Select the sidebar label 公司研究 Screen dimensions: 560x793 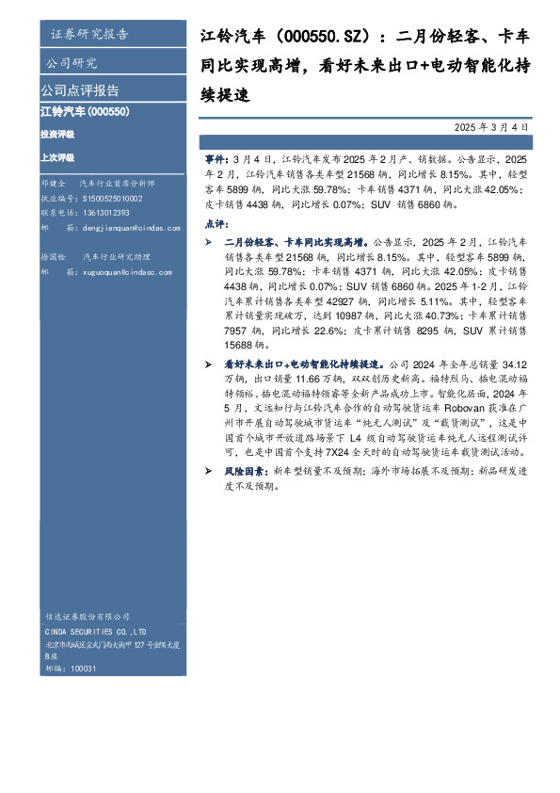click(71, 63)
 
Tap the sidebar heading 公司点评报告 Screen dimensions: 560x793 click(79, 91)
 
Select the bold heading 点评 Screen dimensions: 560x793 click(215, 224)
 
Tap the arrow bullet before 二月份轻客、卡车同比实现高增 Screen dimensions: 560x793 click(208, 242)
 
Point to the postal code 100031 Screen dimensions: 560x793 click(84, 668)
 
